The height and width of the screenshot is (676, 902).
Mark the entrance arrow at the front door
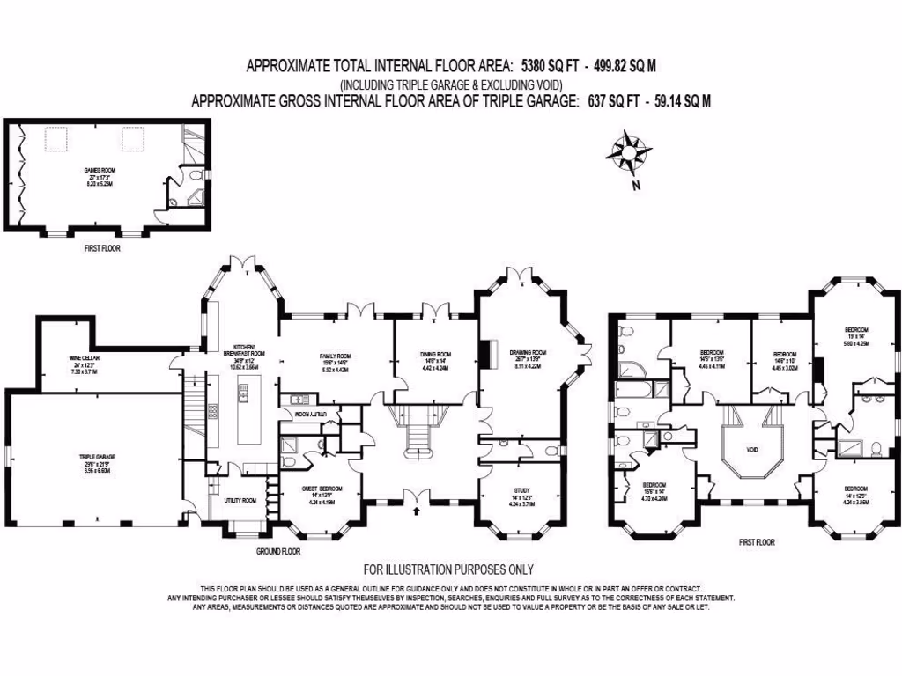(x=415, y=510)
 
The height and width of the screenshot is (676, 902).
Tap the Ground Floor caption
(x=278, y=552)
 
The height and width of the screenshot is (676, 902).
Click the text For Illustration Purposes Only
(x=448, y=569)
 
